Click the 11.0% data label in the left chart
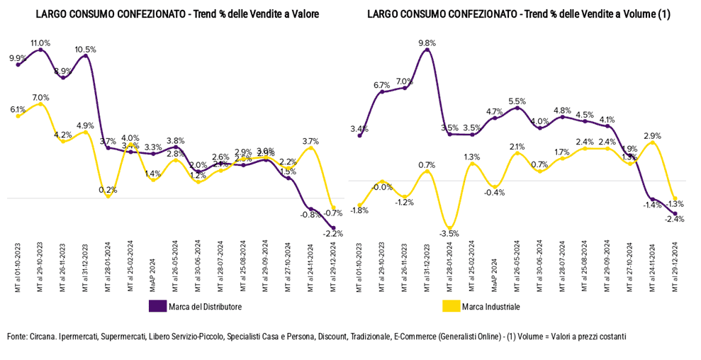[x=40, y=43]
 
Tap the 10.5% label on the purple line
[x=86, y=49]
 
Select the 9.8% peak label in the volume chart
[x=427, y=43]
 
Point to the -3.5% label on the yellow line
[x=449, y=233]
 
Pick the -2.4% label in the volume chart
[x=675, y=219]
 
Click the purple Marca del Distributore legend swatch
[x=157, y=306]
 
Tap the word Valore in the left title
[x=284, y=13]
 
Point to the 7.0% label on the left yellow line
[x=40, y=98]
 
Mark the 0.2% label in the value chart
[x=108, y=189]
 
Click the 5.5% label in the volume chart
[x=517, y=101]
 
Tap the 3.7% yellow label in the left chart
[x=310, y=141]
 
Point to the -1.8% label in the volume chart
[x=360, y=210]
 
